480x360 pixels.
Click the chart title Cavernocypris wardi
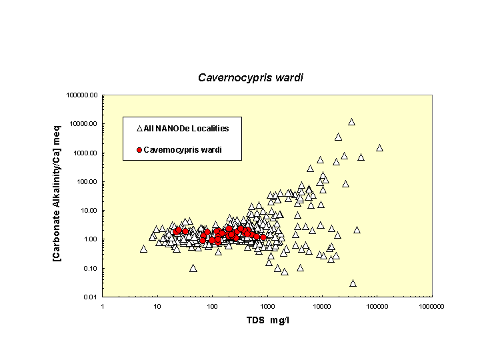click(251, 77)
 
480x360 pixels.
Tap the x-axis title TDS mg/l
click(267, 321)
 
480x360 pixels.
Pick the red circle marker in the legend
click(139, 150)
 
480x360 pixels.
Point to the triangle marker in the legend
click(139, 128)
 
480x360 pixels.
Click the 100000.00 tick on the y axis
click(83, 95)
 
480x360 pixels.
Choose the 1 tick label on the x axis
click(102, 306)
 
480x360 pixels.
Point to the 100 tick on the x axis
click(212, 306)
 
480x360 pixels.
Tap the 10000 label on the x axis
click(322, 306)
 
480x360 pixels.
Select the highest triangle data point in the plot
click(351, 122)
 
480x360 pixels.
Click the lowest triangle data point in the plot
click(353, 283)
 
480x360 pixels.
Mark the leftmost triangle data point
click(143, 249)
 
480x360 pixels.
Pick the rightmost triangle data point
click(379, 148)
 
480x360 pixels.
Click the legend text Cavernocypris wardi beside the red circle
click(182, 150)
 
